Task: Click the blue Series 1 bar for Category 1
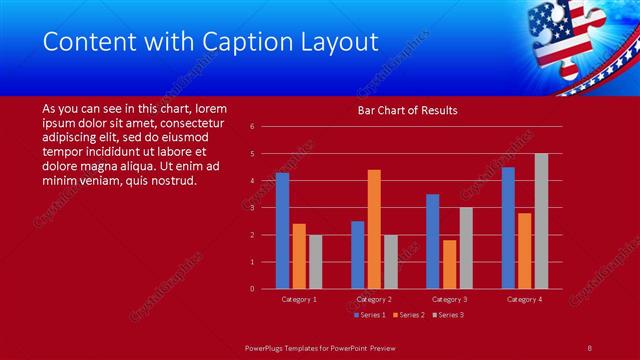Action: [282, 231]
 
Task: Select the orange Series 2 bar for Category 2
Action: [374, 229]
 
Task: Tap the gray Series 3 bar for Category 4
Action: [541, 221]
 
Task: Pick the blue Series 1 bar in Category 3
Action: [432, 241]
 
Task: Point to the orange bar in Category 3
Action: [448, 264]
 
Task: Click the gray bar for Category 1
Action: [315, 262]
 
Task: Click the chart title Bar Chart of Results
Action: [408, 110]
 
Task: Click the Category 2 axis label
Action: [374, 299]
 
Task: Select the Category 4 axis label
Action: [524, 299]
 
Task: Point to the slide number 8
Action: [590, 345]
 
